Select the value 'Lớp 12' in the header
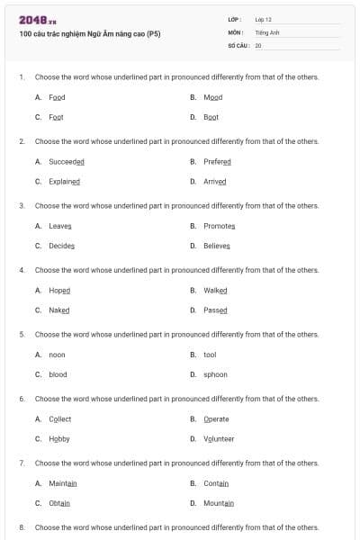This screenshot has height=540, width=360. (264, 19)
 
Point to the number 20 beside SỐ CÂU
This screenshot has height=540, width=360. (258, 44)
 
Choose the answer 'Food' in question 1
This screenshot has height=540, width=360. (57, 97)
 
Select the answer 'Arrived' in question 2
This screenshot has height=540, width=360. (215, 181)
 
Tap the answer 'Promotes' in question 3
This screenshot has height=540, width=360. (220, 226)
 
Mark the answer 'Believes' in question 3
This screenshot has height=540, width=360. (217, 246)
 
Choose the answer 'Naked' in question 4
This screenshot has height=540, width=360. (59, 310)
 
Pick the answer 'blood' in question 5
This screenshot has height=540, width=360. (58, 374)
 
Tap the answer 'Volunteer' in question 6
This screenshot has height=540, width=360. (219, 438)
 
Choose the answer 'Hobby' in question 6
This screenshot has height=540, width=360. (59, 438)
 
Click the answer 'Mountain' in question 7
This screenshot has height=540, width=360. (219, 503)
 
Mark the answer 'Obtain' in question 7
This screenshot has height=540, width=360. (59, 503)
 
